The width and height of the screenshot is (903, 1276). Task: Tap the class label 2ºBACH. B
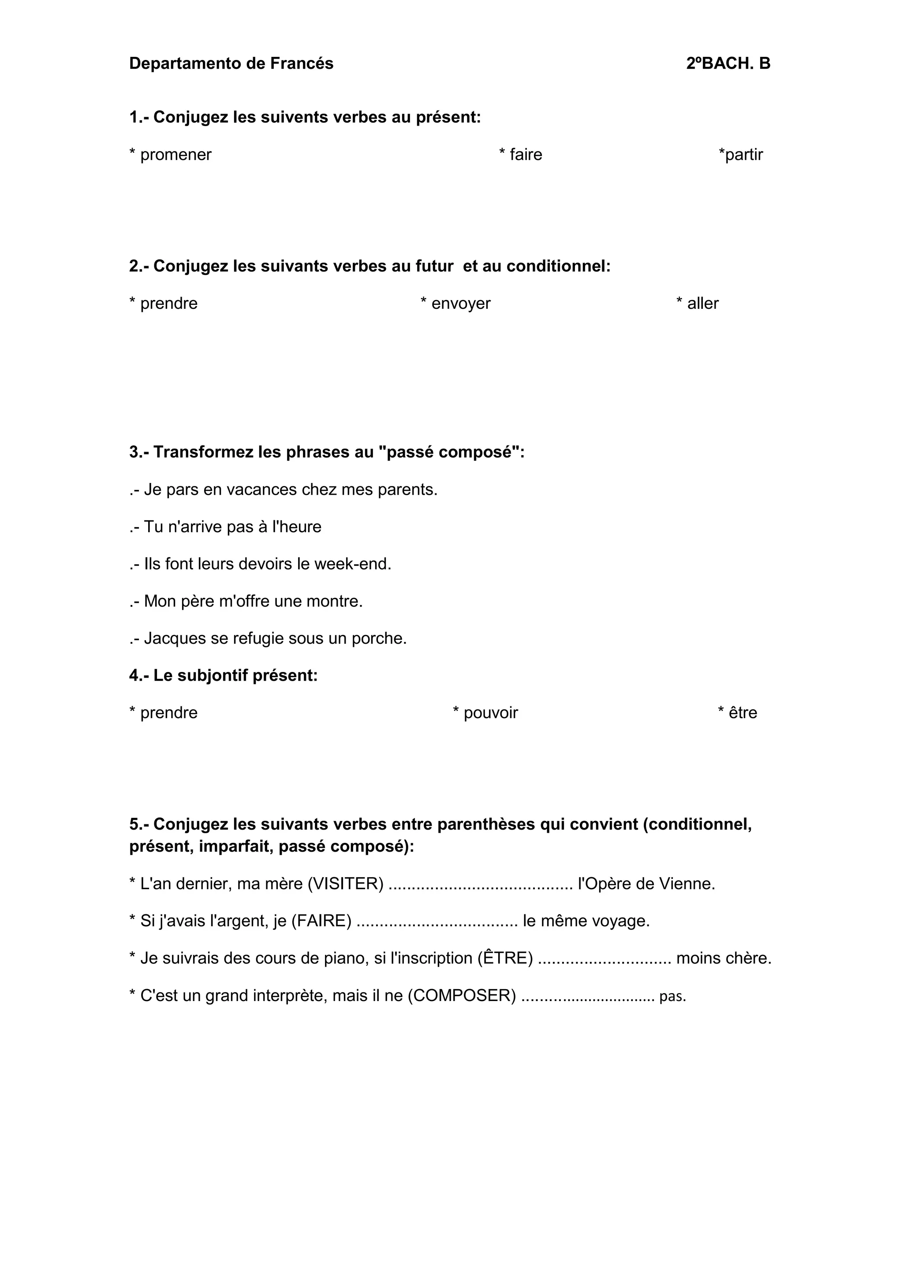[728, 64]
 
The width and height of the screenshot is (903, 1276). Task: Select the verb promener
[176, 155]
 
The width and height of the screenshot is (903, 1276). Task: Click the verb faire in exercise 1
[526, 155]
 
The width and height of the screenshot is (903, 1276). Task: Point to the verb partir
[743, 155]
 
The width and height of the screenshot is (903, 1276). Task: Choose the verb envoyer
[460, 304]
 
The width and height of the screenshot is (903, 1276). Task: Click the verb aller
[703, 304]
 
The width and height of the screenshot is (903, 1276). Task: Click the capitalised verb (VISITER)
[345, 884]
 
